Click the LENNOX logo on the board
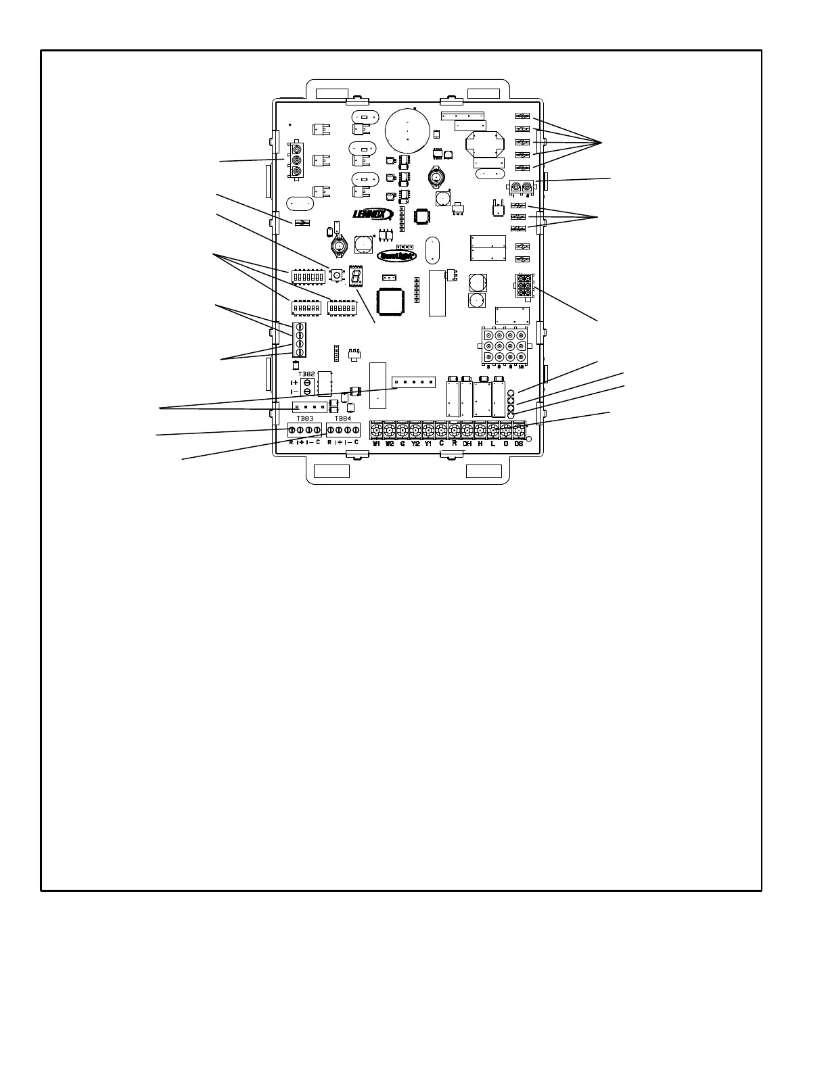point(373,214)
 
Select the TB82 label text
point(306,374)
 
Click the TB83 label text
point(305,419)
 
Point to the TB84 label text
point(343,419)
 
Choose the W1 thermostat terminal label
point(377,444)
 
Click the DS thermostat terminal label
point(519,444)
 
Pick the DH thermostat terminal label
point(467,444)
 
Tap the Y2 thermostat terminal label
point(415,444)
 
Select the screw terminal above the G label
point(402,430)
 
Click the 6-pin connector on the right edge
point(524,284)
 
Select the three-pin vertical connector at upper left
point(296,160)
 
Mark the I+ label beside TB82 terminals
point(294,383)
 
